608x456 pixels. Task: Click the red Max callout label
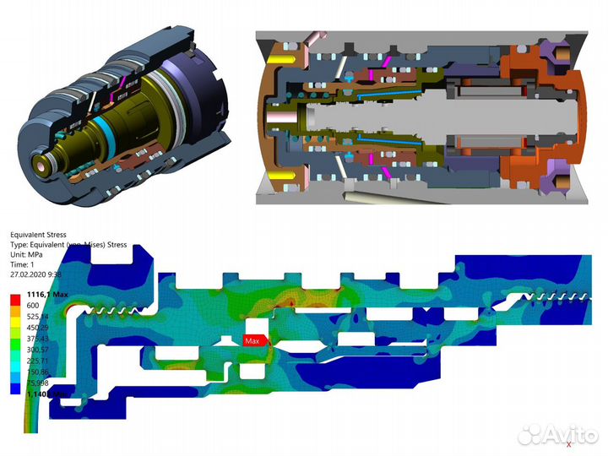[252, 341]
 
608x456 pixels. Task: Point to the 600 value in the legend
[34, 305]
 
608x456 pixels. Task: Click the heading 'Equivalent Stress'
[37, 235]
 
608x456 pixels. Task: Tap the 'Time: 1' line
[23, 264]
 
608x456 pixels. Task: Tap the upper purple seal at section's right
[559, 55]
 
